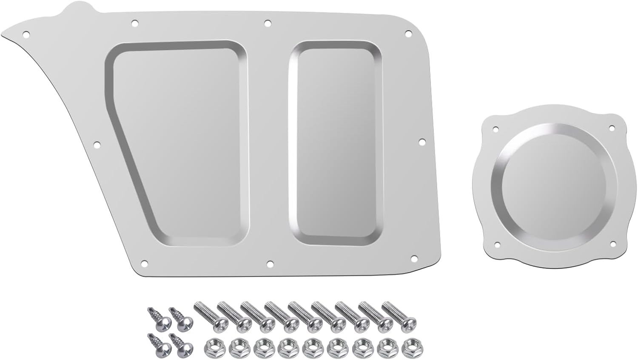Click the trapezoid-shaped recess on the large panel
(x=179, y=145)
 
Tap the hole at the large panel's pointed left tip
(x=26, y=33)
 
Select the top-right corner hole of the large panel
(x=408, y=33)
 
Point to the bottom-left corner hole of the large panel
(x=144, y=263)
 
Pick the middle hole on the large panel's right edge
(x=422, y=141)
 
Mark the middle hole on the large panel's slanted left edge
(x=97, y=145)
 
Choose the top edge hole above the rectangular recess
(x=267, y=23)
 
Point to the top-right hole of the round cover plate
(x=612, y=128)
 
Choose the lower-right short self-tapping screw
(x=179, y=343)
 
